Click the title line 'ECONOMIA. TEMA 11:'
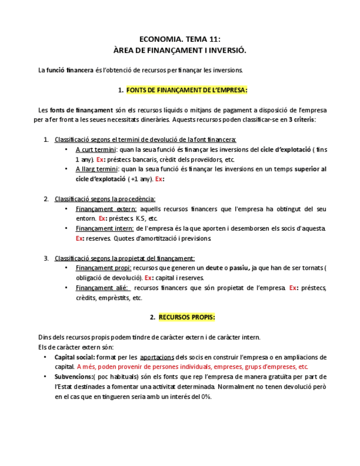[x=180, y=40]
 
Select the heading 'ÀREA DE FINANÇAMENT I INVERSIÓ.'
[x=180, y=51]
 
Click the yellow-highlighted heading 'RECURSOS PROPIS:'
[x=187, y=317]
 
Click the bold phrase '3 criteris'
[x=302, y=119]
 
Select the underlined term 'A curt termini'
[x=96, y=149]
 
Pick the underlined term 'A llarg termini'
[x=96, y=169]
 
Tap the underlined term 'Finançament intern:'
[x=105, y=228]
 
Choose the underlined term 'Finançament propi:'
[x=103, y=268]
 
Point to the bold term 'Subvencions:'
[x=74, y=376]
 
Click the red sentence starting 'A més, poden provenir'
[x=193, y=367]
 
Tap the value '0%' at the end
[x=206, y=396]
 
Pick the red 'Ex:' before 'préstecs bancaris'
[x=101, y=159]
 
